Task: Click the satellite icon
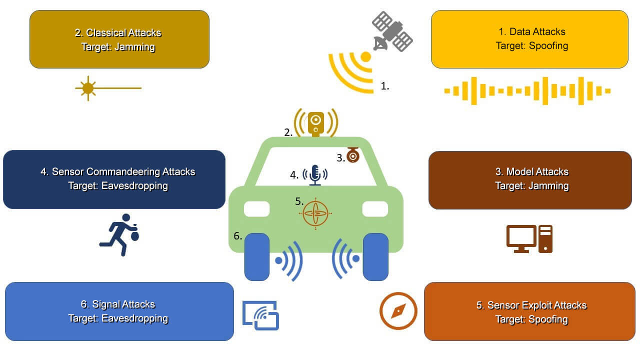[392, 31]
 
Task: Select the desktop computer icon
[529, 239]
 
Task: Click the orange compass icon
[398, 310]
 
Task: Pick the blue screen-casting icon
[260, 315]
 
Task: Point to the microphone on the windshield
[315, 174]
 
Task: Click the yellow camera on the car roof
[315, 123]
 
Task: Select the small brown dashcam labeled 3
[353, 155]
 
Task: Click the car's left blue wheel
[256, 256]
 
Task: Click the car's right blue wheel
[375, 256]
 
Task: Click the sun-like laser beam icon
[88, 88]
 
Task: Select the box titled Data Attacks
[529, 39]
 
